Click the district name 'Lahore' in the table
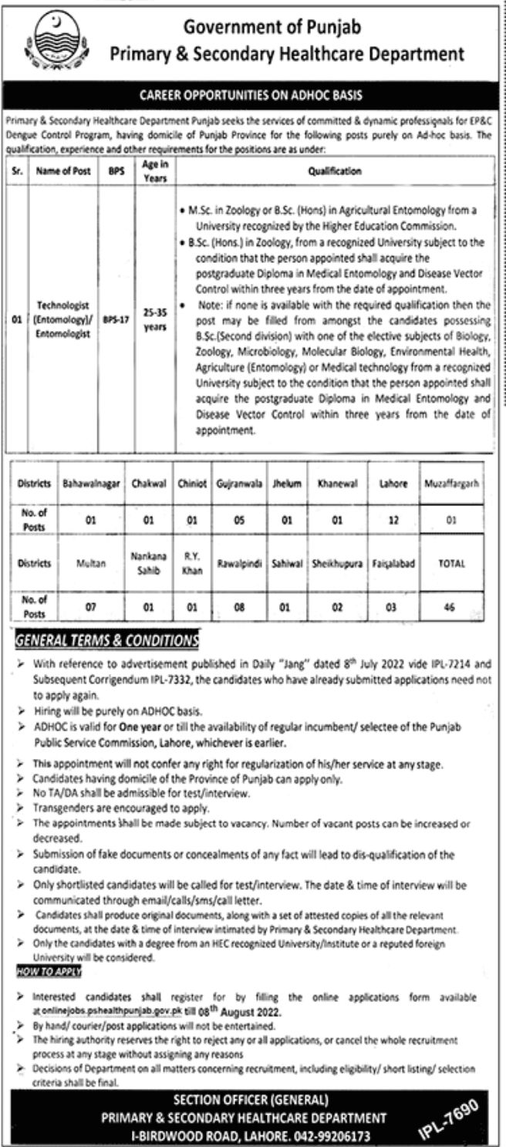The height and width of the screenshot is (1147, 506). [x=393, y=487]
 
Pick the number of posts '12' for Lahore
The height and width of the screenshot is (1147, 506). [x=393, y=520]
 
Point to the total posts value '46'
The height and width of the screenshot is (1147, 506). [x=452, y=607]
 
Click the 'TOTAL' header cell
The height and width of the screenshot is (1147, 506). [x=452, y=563]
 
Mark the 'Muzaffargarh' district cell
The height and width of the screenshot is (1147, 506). [x=452, y=487]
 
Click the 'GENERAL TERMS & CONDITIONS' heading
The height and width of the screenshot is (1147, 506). [x=107, y=640]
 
